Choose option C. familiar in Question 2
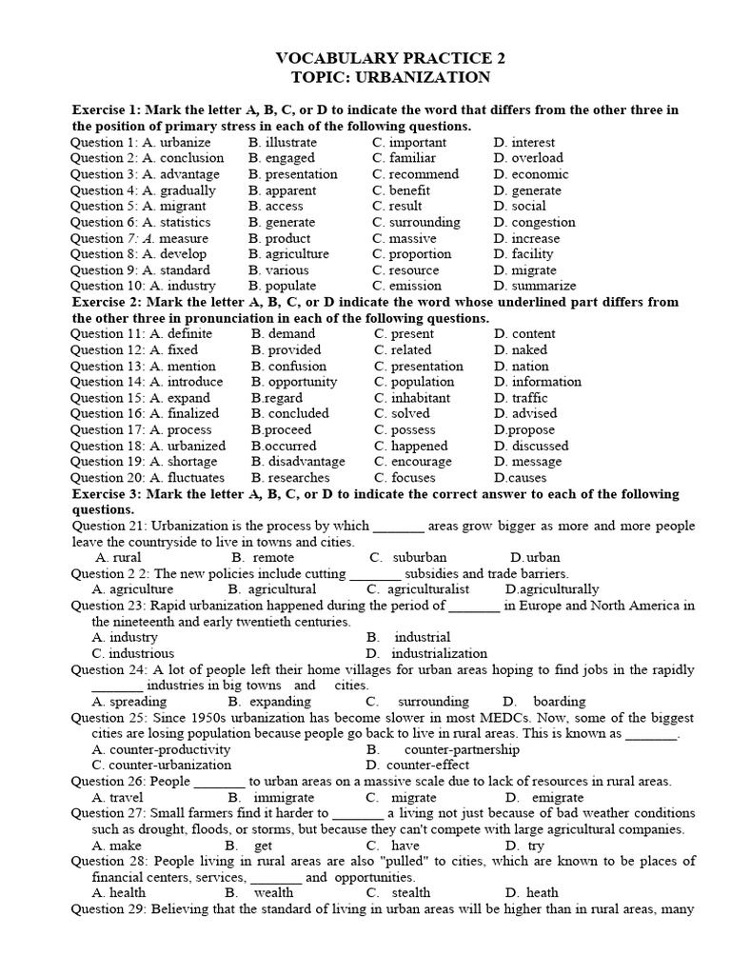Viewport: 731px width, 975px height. tap(405, 158)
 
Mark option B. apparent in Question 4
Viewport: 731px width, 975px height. tap(283, 190)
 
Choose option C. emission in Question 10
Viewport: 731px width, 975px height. tap(407, 286)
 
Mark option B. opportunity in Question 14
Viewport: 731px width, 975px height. tap(295, 382)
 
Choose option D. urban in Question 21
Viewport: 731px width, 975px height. tap(535, 557)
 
